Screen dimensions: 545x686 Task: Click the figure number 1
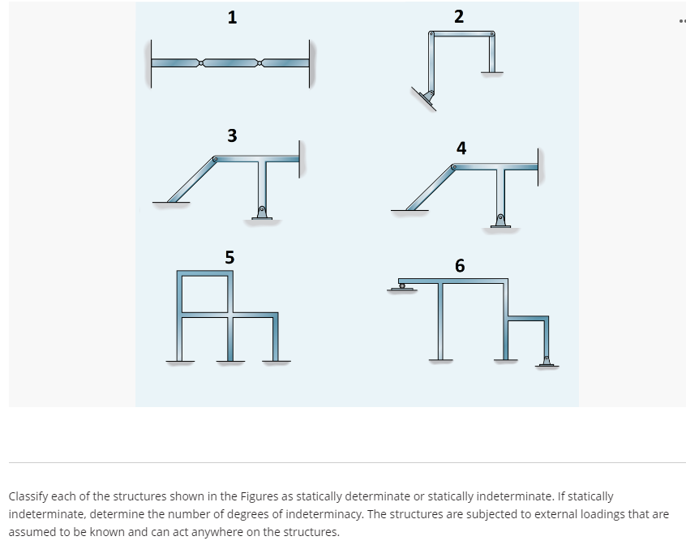(x=232, y=17)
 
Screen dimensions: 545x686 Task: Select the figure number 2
(x=459, y=16)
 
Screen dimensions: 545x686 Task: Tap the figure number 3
(x=232, y=135)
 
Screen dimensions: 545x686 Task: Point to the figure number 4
(x=461, y=148)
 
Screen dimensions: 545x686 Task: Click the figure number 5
(x=229, y=257)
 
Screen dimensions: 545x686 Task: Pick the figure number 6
(x=460, y=265)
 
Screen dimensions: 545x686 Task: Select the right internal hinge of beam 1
(x=259, y=62)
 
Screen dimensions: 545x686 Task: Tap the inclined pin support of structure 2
(x=427, y=98)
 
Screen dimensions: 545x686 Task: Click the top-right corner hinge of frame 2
(x=491, y=34)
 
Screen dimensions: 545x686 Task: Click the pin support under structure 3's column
(x=261, y=213)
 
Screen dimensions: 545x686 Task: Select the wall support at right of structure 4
(x=538, y=167)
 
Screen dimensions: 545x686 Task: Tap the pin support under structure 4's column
(x=500, y=221)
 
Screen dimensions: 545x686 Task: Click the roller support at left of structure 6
(x=401, y=285)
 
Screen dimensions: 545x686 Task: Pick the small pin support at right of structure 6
(x=546, y=362)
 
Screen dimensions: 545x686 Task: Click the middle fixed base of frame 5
(x=230, y=360)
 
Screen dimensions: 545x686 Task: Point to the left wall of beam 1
(x=149, y=63)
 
